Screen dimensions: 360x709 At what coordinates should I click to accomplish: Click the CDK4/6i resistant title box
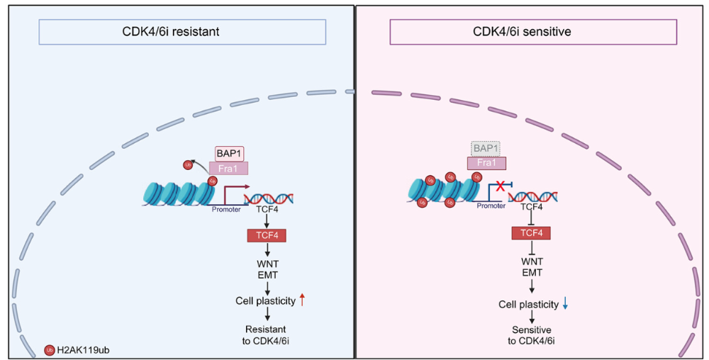(182, 32)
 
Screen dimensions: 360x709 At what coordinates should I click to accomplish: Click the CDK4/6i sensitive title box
(532, 32)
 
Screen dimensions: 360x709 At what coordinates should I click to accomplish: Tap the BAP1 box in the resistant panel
(229, 153)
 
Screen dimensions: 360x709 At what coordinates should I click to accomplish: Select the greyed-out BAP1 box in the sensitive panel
(486, 148)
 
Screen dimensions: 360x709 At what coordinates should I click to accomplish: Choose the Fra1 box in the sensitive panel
(486, 163)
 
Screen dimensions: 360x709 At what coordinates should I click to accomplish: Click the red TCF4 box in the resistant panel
(266, 235)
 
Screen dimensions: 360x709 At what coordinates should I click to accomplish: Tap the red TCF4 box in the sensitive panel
(531, 232)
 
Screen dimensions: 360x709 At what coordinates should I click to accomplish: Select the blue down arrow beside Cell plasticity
(565, 304)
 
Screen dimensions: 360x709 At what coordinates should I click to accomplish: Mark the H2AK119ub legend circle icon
(50, 350)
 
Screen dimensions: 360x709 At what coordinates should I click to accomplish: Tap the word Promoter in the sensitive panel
(491, 206)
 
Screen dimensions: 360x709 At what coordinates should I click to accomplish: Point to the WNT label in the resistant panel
(266, 264)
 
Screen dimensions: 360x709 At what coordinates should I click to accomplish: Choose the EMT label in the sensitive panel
(531, 272)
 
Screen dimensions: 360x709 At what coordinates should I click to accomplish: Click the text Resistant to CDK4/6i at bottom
(266, 335)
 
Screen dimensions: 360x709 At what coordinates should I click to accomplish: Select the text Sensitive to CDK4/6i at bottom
(531, 335)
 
